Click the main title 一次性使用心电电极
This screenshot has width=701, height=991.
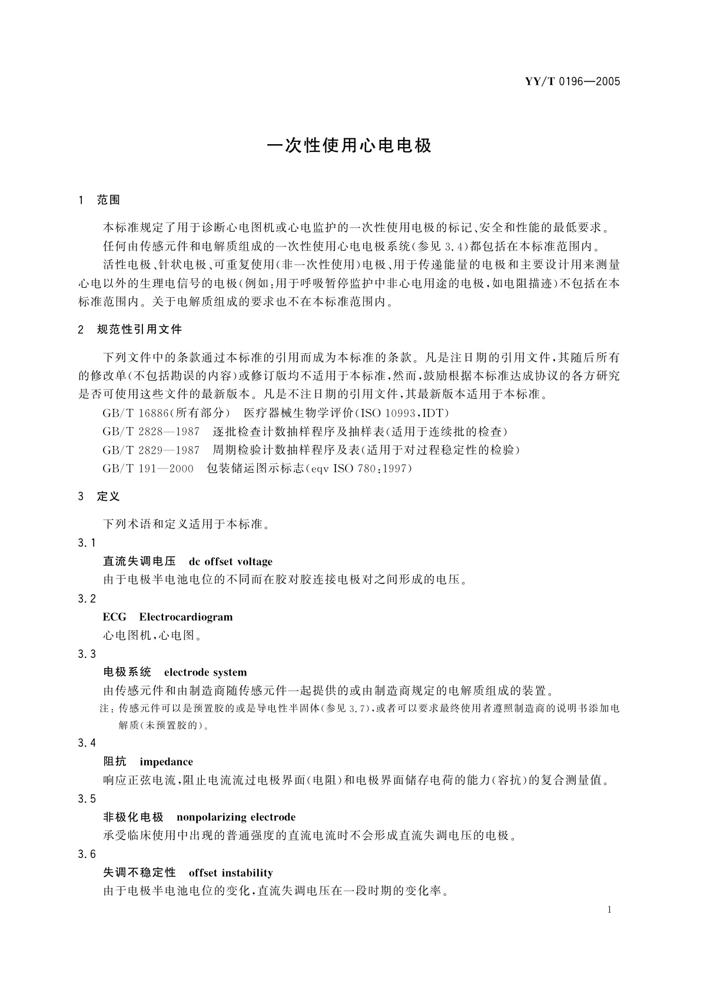pyautogui.click(x=350, y=145)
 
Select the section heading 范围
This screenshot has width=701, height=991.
pyautogui.click(x=108, y=200)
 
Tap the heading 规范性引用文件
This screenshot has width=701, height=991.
pyautogui.click(x=139, y=330)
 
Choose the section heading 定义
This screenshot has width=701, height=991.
pyautogui.click(x=108, y=496)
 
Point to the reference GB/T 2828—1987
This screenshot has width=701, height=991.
pyautogui.click(x=151, y=432)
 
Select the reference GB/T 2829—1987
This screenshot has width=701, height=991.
pyautogui.click(x=151, y=450)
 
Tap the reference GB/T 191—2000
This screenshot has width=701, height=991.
pyautogui.click(x=148, y=469)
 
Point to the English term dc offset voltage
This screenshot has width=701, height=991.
pyautogui.click(x=231, y=561)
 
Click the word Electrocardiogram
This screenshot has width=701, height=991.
pyautogui.click(x=186, y=617)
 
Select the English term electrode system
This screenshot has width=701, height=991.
pyautogui.click(x=205, y=672)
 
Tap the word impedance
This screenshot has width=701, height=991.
pyautogui.click(x=167, y=761)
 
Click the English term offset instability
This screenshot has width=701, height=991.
pyautogui.click(x=231, y=873)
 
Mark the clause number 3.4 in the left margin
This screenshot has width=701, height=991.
pyautogui.click(x=87, y=743)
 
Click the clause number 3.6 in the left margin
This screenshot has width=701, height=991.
pyautogui.click(x=87, y=854)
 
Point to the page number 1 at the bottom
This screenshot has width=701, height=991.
pyautogui.click(x=609, y=910)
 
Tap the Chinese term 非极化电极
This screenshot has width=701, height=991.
pyautogui.click(x=133, y=817)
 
